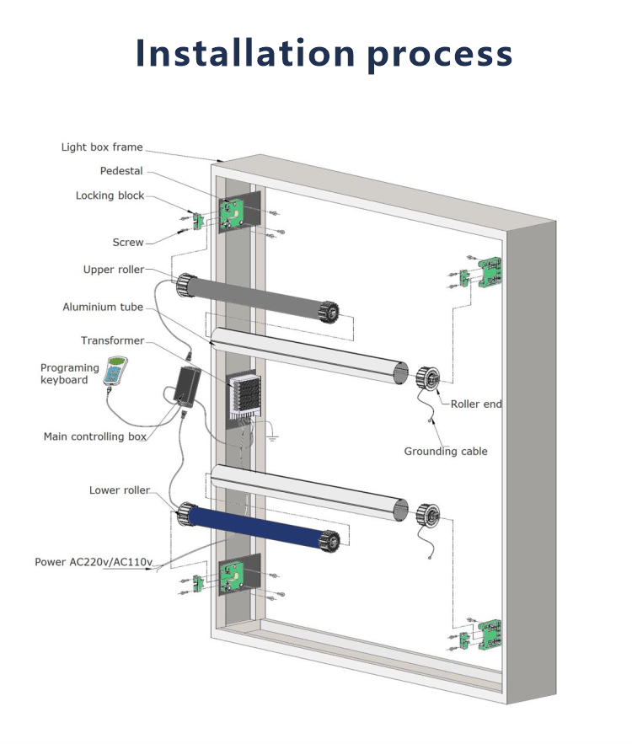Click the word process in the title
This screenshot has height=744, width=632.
(440, 55)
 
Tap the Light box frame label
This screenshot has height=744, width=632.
(102, 147)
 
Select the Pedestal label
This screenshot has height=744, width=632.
(121, 171)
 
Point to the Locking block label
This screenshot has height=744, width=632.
(110, 195)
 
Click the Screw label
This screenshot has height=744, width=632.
(128, 243)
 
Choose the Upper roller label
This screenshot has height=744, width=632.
(113, 270)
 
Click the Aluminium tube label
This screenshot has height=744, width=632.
(103, 307)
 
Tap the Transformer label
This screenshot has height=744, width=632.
(112, 340)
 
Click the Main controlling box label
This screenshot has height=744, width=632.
(94, 436)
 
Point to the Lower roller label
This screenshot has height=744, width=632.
(120, 490)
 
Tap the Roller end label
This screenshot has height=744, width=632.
(476, 404)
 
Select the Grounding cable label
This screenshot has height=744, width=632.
(446, 452)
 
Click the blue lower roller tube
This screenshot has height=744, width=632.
(258, 527)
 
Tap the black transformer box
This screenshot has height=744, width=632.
(186, 384)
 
